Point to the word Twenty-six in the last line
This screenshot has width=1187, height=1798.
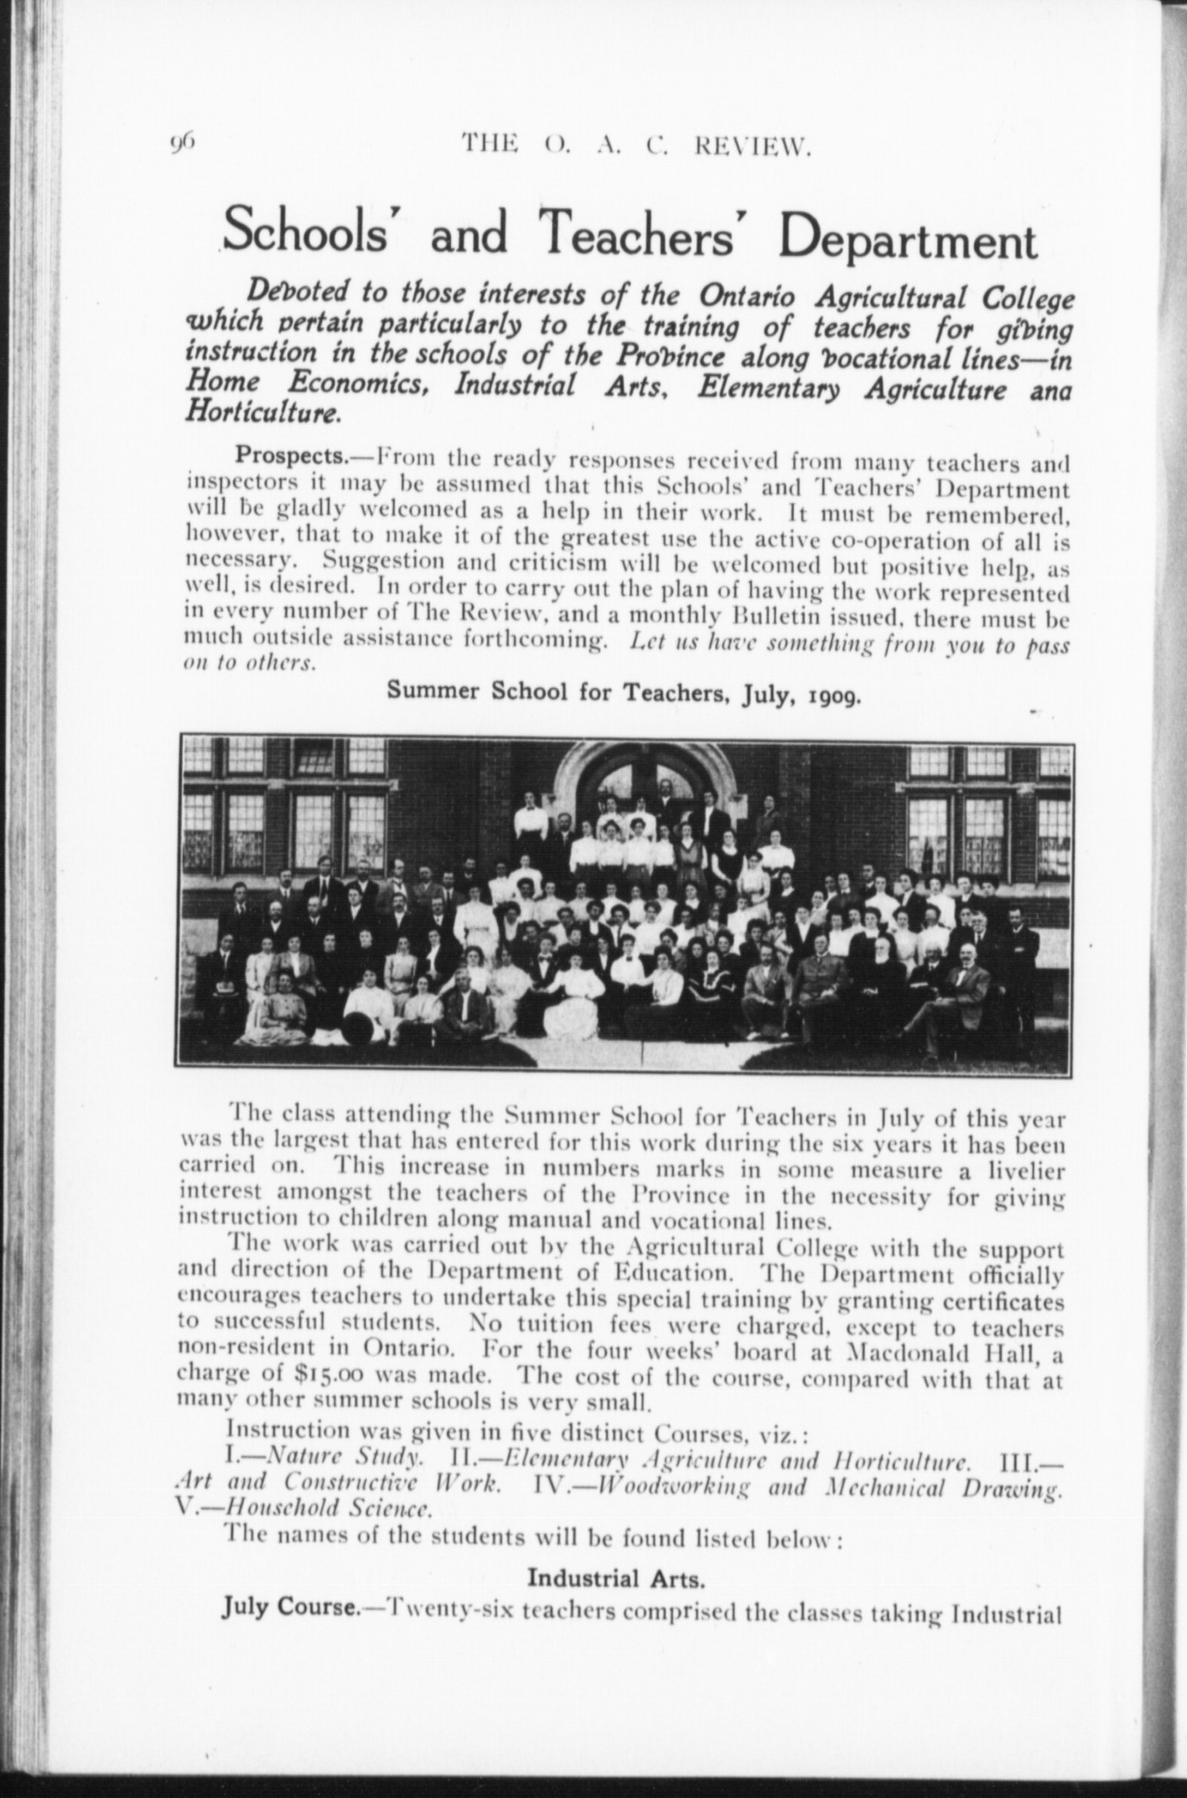point(442,1608)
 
